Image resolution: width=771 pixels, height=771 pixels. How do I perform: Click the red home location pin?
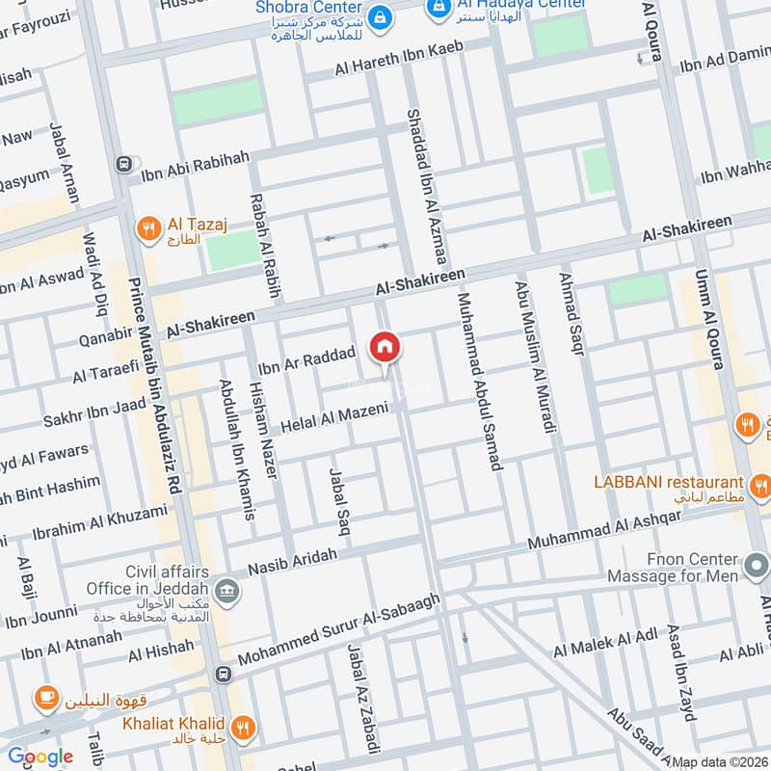pos(384,348)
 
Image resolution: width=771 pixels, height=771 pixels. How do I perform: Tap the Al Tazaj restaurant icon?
pos(147,228)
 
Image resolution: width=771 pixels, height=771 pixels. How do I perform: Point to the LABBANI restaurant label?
pos(668,482)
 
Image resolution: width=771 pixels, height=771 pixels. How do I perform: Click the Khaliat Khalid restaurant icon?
pos(244,724)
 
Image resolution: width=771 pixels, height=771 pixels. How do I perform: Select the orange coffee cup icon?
pos(44,697)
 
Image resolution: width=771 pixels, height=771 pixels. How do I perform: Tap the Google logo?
pos(40,757)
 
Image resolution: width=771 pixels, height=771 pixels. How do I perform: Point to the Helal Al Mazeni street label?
pos(334,417)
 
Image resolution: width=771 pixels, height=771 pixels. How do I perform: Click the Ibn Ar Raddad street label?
pos(307,359)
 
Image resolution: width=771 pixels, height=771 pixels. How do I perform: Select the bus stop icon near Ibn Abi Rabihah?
pos(122,164)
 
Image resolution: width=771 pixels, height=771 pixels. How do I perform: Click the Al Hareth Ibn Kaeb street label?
pos(399,59)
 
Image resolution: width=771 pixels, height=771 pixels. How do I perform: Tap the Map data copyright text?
pos(720,762)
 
